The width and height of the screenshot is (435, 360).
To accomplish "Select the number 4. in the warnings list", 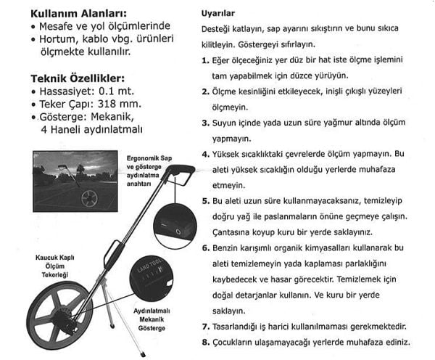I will click(206, 155).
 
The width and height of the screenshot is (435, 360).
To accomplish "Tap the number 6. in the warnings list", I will click(206, 248).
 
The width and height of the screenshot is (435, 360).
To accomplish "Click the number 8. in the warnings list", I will click(206, 342).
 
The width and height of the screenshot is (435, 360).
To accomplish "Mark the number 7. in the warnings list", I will click(206, 326).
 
